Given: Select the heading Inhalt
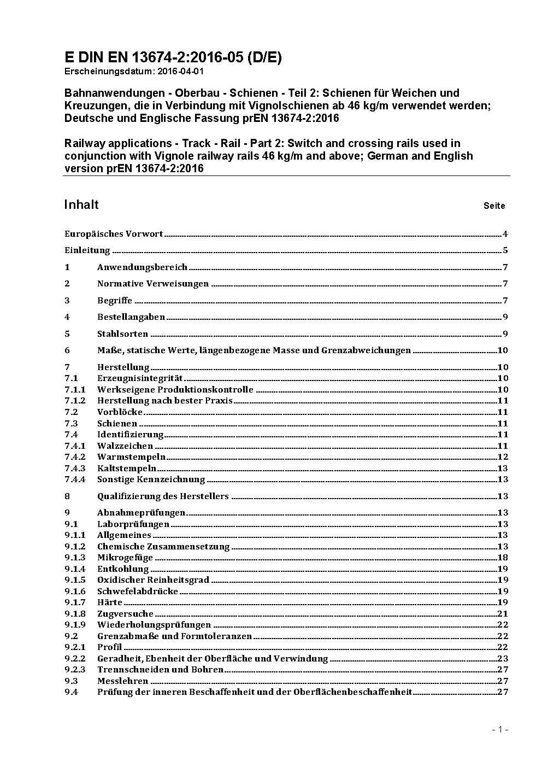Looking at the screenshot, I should (x=81, y=204).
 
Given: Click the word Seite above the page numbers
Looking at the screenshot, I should (x=494, y=206).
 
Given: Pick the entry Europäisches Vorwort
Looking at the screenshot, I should (x=114, y=234).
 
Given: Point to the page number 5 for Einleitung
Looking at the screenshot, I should (x=505, y=250).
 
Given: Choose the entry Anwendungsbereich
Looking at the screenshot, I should (x=142, y=267).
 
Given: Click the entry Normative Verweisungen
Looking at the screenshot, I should (x=153, y=284).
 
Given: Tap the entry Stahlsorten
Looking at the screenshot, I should (x=122, y=334).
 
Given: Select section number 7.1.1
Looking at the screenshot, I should (x=75, y=390).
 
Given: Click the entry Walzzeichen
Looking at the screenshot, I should (x=125, y=446).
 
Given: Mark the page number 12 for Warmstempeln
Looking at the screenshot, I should (x=503, y=457).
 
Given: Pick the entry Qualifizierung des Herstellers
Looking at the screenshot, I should (x=163, y=496).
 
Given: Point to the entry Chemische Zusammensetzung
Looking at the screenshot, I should (x=163, y=547).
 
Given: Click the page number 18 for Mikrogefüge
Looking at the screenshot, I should (x=503, y=558).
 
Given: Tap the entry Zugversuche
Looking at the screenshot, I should (x=125, y=614).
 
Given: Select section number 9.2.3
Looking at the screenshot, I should (x=75, y=670).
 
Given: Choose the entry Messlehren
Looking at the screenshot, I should (x=122, y=681).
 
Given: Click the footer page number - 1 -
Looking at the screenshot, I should (x=500, y=730).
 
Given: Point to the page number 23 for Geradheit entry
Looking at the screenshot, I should (x=503, y=659).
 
